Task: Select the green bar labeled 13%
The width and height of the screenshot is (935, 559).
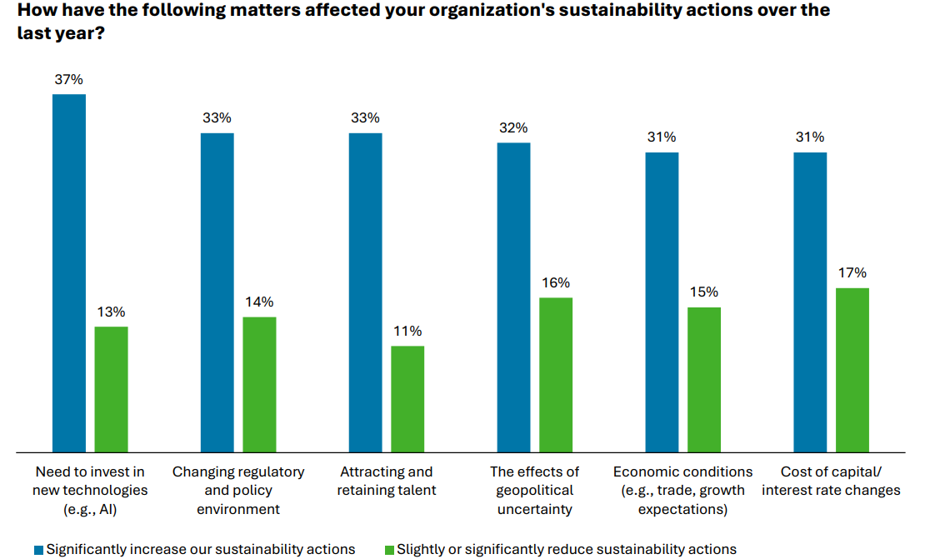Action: pos(111,389)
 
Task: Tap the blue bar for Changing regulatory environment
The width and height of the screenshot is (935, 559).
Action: pos(217,292)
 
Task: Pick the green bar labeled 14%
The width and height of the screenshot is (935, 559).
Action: pos(259,384)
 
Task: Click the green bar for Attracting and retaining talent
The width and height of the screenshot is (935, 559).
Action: pos(407,399)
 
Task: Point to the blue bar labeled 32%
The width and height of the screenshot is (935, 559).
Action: pos(513,297)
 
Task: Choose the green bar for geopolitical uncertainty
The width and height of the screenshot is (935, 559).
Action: pos(556,375)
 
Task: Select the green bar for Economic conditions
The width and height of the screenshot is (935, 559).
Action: pos(704,379)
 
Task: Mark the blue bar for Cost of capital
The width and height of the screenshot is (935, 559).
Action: pos(810,302)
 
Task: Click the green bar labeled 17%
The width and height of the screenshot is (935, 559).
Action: pos(852,370)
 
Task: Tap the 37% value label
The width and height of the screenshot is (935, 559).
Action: pos(69,80)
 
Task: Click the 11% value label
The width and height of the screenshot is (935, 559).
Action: pos(407,331)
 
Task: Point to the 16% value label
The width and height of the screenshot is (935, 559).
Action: pos(556,282)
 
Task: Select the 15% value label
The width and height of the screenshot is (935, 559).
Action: pos(704,292)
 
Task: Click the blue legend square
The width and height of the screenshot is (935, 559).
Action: pos(38,550)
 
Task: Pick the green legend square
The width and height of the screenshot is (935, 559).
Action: pos(388,550)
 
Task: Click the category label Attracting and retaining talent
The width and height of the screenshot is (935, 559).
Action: pos(387,482)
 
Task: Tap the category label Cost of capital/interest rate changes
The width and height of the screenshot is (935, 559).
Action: pos(831,482)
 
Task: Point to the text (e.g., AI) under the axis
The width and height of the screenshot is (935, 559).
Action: pos(90,509)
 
